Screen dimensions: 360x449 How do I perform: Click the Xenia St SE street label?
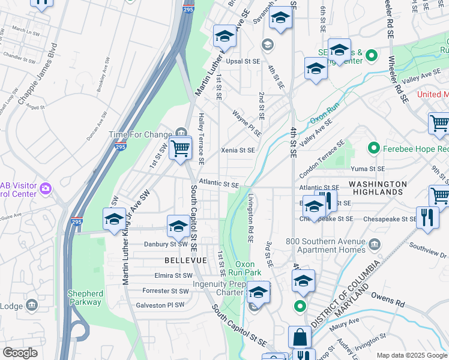(238, 150)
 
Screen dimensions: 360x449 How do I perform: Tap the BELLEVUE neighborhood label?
(185, 260)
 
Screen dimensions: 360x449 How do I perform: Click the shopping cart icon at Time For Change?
(180, 146)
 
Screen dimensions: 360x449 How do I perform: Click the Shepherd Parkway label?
(85, 298)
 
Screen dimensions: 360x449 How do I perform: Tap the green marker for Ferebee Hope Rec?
(373, 147)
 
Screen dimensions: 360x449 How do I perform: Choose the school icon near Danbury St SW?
(178, 226)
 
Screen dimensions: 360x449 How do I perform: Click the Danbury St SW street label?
(166, 244)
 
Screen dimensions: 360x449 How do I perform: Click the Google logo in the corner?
(21, 352)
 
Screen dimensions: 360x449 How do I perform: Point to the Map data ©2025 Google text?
(411, 355)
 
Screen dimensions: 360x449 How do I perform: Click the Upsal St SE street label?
(243, 61)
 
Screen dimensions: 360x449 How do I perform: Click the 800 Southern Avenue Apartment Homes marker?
(375, 244)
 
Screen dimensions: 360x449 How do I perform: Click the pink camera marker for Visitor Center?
(45, 190)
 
